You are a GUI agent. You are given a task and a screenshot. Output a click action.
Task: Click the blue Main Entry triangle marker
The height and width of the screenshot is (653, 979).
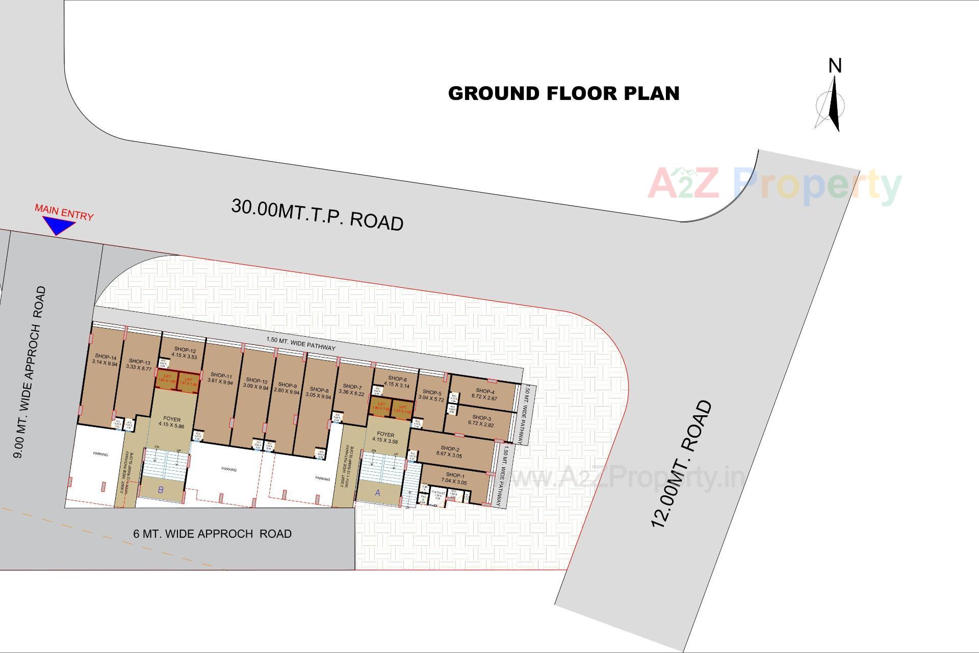(x=58, y=225)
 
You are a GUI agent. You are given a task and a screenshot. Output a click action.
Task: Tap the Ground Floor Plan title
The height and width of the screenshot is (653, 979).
(x=563, y=93)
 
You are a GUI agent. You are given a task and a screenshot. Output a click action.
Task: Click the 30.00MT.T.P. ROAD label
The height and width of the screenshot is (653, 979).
(x=317, y=215)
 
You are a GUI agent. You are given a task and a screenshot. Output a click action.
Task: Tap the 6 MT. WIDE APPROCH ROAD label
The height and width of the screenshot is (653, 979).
(x=212, y=534)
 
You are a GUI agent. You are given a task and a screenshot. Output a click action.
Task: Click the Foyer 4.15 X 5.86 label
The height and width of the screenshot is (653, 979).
(x=172, y=422)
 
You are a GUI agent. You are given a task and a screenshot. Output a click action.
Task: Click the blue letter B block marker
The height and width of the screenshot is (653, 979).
(x=161, y=490)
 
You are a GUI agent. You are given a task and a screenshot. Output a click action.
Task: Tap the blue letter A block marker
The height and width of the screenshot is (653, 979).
(x=378, y=493)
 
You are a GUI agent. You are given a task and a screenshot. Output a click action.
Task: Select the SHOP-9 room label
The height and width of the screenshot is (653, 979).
(x=287, y=388)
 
